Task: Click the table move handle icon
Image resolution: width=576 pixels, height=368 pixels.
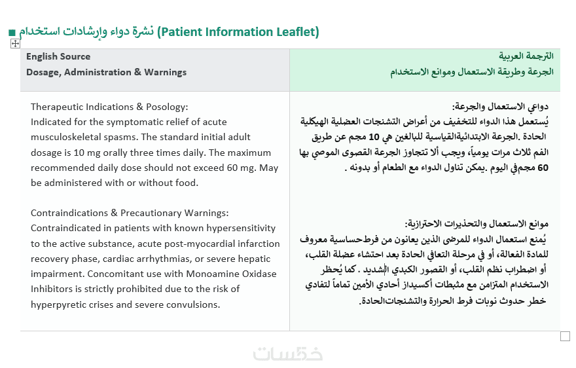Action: coord(15,44)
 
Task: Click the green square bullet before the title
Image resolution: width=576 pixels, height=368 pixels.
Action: coord(12,33)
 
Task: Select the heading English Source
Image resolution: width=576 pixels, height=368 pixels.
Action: coord(58,56)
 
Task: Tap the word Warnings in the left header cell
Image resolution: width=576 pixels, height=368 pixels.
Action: coord(166,72)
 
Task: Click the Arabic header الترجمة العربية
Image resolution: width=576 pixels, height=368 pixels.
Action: coord(526,56)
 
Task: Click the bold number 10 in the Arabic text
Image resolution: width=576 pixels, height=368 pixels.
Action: coord(374,137)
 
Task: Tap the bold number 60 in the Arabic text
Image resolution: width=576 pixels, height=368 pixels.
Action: coord(543,168)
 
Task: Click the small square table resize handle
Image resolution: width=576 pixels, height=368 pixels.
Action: coord(565,337)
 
